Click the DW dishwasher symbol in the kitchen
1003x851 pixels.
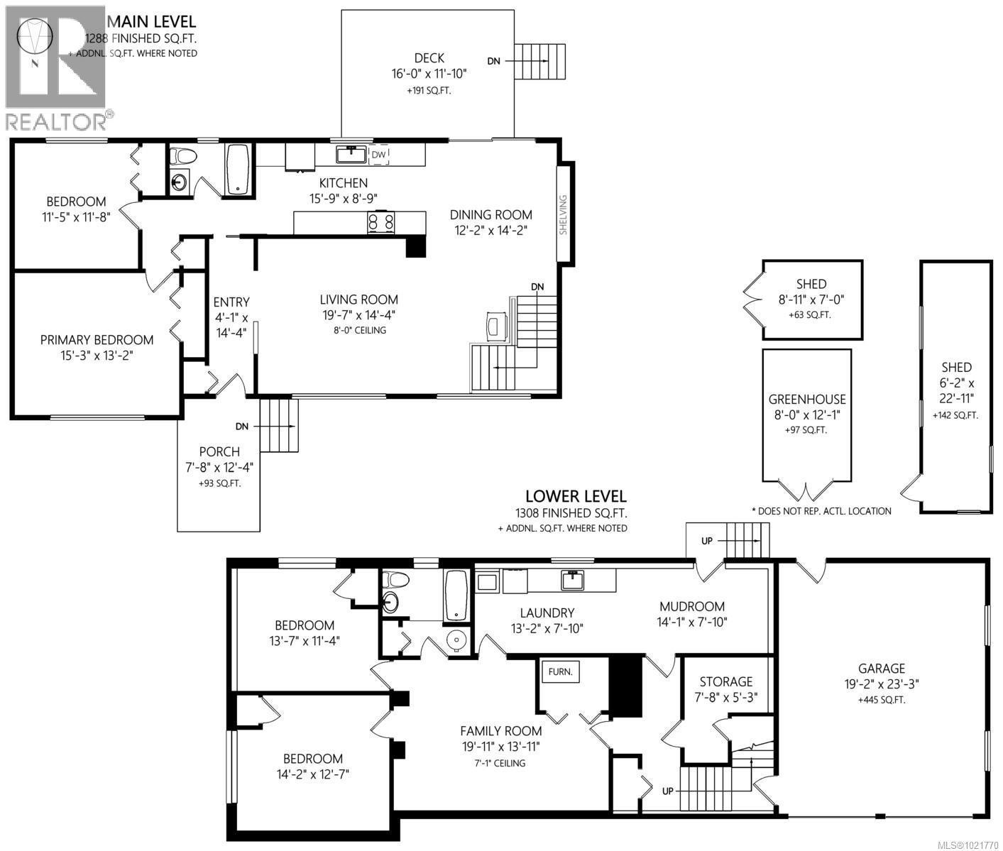379,155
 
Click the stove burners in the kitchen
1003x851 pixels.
380,222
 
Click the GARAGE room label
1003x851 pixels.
882,668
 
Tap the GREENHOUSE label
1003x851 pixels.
807,400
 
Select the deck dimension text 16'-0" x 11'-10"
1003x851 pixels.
429,74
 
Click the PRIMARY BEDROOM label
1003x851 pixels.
97,340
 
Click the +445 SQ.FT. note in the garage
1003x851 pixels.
882,699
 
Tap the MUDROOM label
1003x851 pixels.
692,606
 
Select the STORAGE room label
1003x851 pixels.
726,681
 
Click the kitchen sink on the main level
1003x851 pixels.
351,153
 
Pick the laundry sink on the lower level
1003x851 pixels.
572,580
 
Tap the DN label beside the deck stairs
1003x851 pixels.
493,61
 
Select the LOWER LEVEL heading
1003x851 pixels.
576,496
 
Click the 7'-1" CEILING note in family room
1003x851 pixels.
500,763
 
